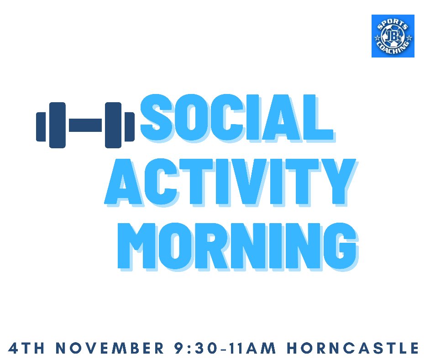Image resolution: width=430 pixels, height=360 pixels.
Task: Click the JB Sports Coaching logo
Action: pos(393,36)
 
